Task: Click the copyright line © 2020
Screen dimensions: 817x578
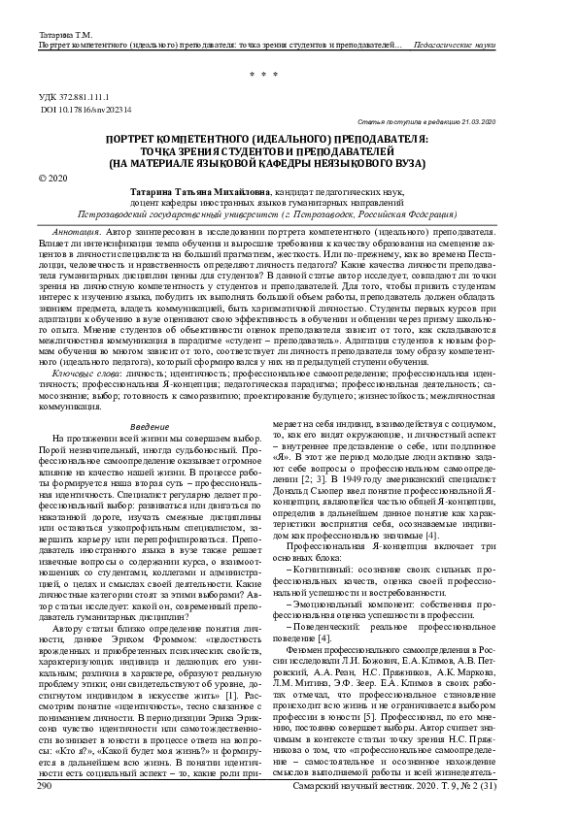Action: pyautogui.click(x=51, y=178)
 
